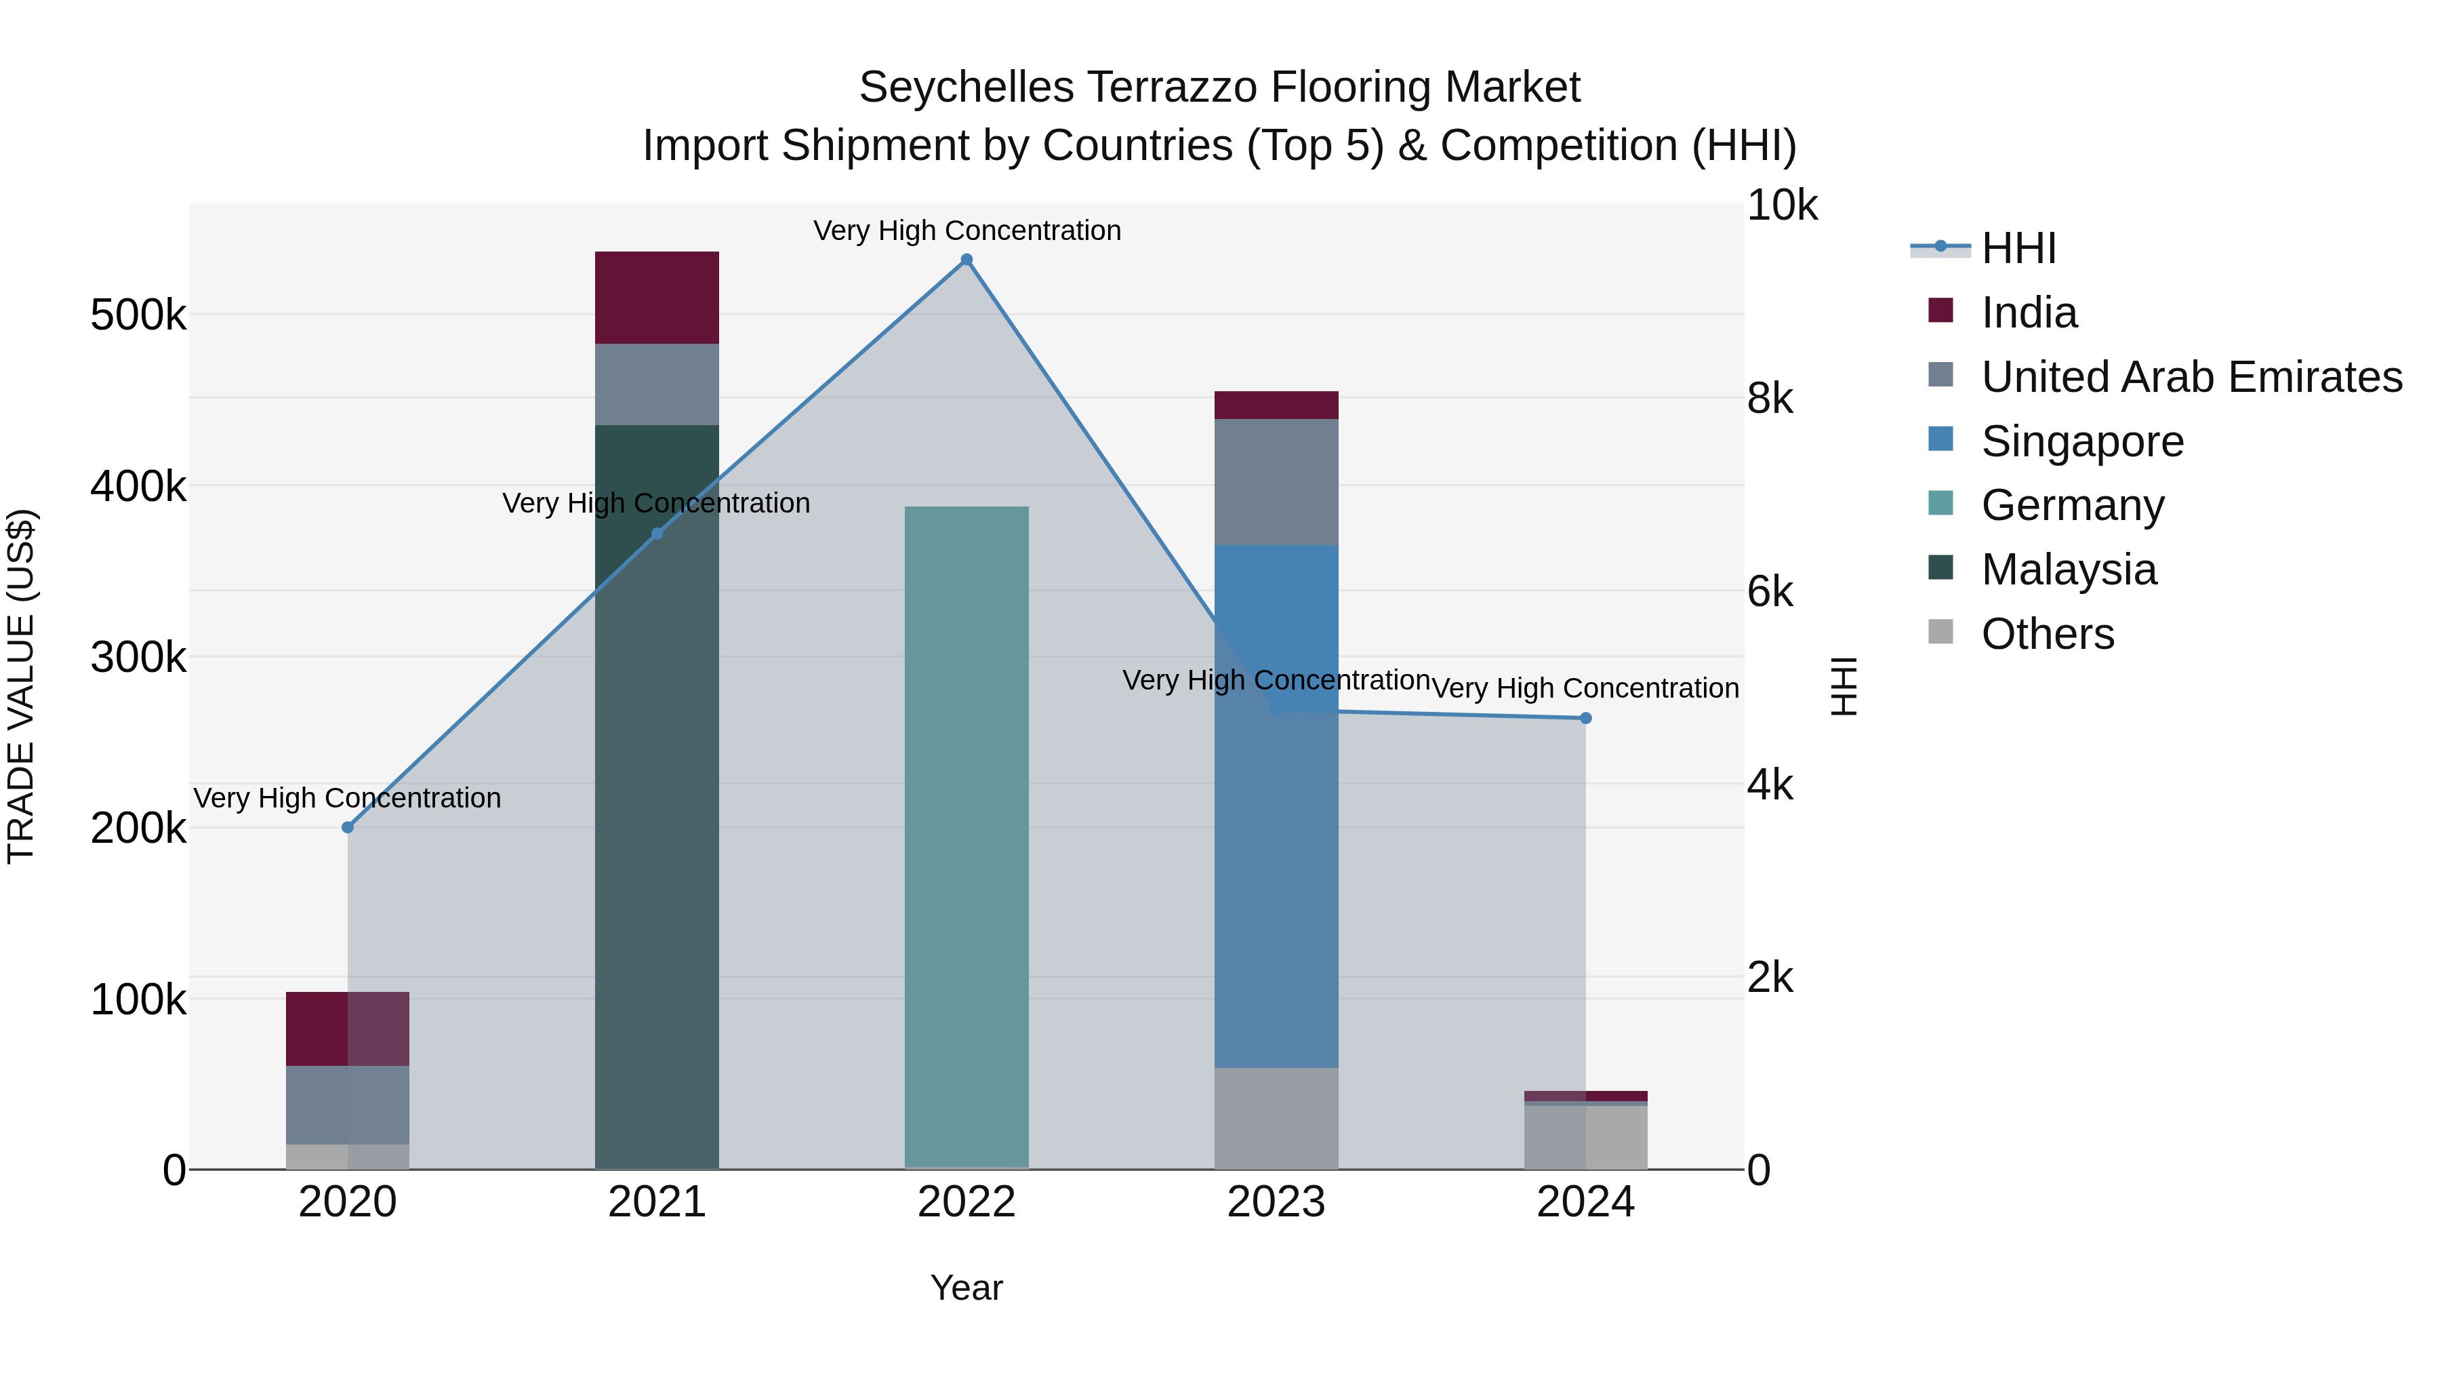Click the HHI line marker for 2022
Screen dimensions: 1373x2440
[966, 260]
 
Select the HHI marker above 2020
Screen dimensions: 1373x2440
[348, 827]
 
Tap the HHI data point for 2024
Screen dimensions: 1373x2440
[1585, 718]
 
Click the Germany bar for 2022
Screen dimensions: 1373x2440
[966, 834]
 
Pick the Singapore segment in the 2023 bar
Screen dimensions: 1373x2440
[1276, 805]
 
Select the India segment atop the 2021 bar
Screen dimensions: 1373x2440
[656, 298]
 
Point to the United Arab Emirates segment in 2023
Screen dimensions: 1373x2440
[1276, 481]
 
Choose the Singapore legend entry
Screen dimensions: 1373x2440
[2082, 441]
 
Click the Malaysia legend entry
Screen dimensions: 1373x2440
[2069, 570]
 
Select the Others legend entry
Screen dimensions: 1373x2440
[2047, 634]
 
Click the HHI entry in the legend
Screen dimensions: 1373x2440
[2018, 248]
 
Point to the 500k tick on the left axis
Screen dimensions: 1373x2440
[138, 315]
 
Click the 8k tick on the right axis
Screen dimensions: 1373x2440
[1770, 398]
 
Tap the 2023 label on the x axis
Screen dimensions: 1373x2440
[1276, 1202]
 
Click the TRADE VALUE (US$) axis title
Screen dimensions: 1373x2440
[21, 686]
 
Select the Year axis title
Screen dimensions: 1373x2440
[966, 1288]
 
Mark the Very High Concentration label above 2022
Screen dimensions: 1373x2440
[966, 231]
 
